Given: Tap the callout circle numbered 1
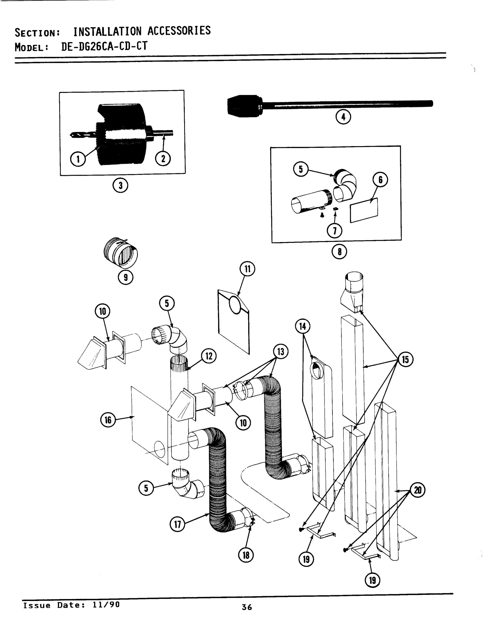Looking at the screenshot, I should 78,159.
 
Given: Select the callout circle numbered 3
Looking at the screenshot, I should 120,186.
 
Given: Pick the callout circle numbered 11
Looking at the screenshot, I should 247,269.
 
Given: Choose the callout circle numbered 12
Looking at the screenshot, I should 209,356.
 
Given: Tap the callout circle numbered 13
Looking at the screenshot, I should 280,352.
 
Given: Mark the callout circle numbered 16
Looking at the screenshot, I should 108,420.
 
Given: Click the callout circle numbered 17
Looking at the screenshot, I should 177,524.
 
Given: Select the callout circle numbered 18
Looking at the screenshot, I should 246,555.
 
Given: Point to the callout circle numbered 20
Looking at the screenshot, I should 417,490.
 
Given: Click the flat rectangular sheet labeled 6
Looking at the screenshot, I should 364,210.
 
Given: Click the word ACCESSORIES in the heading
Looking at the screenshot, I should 179,31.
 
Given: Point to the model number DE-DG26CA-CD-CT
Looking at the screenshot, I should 104,46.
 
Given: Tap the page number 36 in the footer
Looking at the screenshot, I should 247,607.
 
